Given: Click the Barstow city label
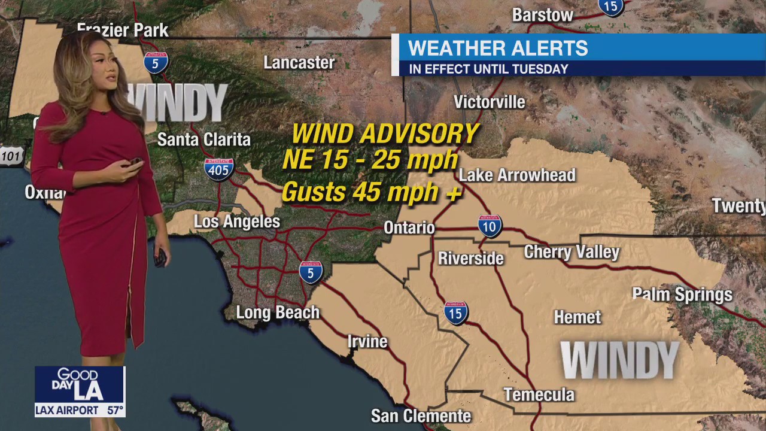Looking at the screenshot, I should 543,15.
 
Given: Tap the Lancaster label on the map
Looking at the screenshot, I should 299,62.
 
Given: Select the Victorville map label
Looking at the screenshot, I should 489,102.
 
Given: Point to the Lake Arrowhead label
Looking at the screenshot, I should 517,175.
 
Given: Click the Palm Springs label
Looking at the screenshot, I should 682,295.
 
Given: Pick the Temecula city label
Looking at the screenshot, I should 539,394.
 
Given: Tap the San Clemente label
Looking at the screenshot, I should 421,415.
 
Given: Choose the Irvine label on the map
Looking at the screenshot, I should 367,342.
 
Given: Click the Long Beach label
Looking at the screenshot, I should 278,312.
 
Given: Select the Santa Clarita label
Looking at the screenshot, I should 203,140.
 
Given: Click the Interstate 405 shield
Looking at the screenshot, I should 218,169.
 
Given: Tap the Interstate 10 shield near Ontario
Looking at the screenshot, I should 490,226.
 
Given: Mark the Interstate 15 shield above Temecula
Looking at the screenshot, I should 456,312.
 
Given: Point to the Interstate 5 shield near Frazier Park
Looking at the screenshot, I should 156,62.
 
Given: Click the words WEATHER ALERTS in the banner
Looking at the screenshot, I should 498,48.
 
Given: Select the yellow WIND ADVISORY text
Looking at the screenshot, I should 385,133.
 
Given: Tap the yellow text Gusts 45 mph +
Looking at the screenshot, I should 371,193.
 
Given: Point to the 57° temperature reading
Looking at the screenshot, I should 115,411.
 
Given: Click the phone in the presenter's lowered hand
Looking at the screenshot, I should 160,257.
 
